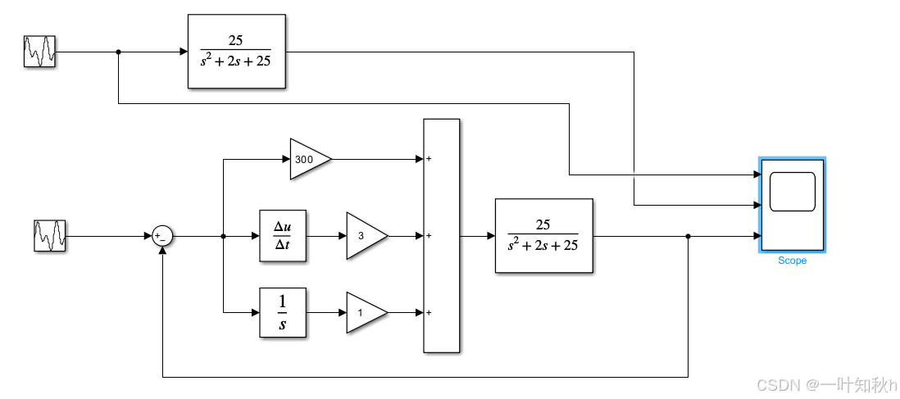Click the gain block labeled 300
click(308, 159)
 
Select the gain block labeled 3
click(364, 236)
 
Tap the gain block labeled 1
click(364, 312)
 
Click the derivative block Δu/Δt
click(283, 236)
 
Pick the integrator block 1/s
click(283, 312)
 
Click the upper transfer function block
click(237, 52)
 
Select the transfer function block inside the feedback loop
click(543, 236)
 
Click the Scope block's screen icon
click(792, 192)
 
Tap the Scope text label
click(792, 261)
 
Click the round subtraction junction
click(162, 237)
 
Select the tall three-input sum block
click(441, 236)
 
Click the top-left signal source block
click(39, 52)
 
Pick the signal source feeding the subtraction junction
click(50, 236)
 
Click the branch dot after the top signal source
click(119, 52)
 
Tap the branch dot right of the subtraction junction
click(224, 237)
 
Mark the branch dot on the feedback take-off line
click(688, 237)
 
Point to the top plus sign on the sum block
click(429, 159)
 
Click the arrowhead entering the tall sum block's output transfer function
click(491, 236)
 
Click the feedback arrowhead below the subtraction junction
click(163, 250)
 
